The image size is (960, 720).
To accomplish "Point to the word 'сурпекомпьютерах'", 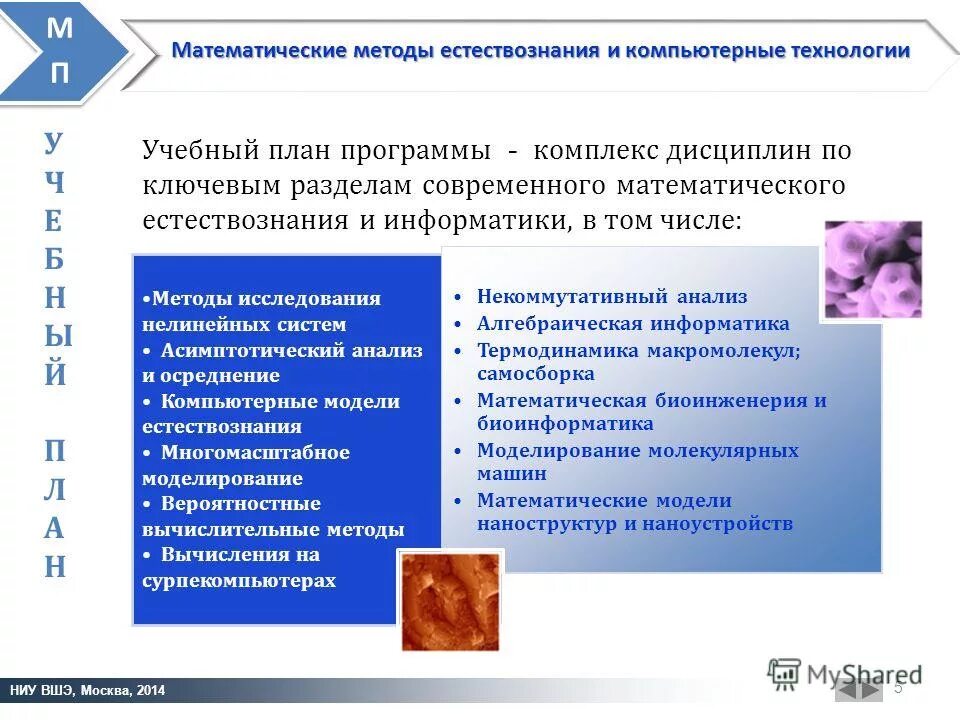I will (239, 581).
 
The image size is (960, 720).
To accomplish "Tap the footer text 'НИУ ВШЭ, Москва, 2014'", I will (88, 691).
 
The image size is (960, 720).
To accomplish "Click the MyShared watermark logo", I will (844, 673).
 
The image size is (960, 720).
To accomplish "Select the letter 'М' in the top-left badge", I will (60, 29).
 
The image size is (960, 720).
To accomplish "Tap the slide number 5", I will (897, 687).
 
